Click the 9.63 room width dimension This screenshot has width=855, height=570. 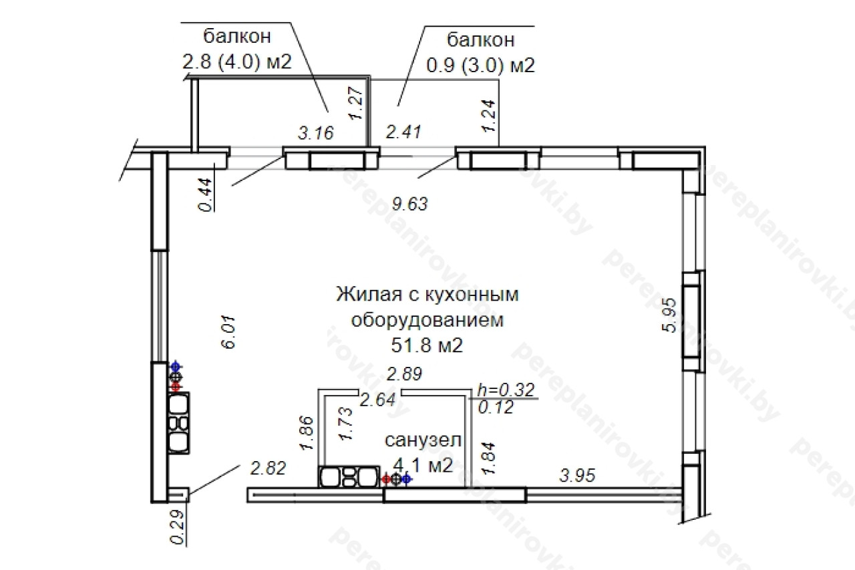click(x=409, y=204)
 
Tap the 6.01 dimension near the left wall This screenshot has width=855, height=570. click(x=228, y=332)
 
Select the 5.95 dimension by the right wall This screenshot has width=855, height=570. click(x=669, y=315)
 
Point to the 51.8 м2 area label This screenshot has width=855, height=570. click(x=427, y=345)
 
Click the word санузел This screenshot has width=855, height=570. click(x=423, y=440)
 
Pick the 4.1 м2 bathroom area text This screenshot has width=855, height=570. click(x=423, y=465)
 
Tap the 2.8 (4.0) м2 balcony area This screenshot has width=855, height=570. click(x=237, y=61)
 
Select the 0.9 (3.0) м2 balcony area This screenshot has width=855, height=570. click(x=480, y=65)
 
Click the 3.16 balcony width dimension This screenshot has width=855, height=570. click(x=316, y=133)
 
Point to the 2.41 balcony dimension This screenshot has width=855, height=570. click(x=403, y=132)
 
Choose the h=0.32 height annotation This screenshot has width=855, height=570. click(x=506, y=390)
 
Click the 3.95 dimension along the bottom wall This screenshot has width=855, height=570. click(x=577, y=476)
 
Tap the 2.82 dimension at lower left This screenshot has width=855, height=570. click(x=268, y=468)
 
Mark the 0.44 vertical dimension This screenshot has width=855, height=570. click(x=205, y=194)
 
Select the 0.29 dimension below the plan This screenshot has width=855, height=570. click(x=177, y=527)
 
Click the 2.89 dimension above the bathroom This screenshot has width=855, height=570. click(x=404, y=374)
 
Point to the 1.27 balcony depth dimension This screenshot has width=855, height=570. click(x=356, y=103)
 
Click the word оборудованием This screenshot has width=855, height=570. click(x=427, y=320)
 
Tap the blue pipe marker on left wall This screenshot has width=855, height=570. click(x=175, y=367)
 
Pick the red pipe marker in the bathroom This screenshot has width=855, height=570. click(x=387, y=478)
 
